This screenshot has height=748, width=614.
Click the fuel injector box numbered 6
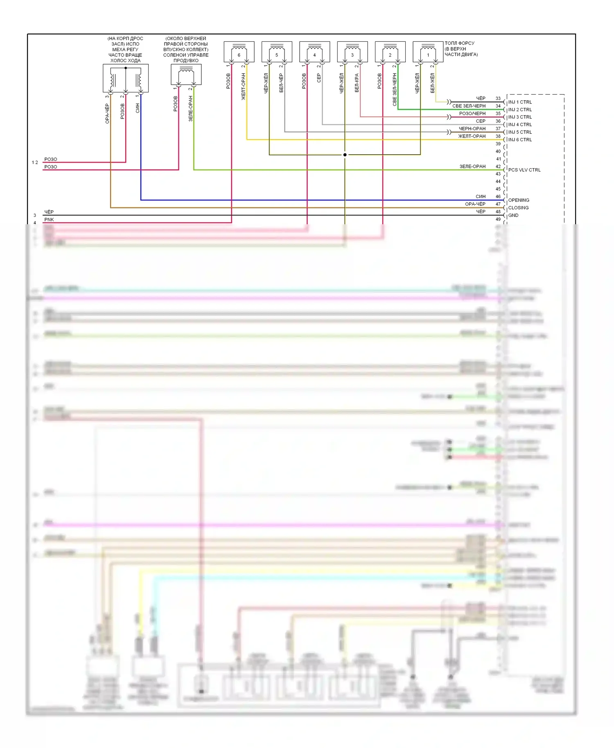coord(239,52)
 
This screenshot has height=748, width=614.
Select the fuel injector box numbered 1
coord(428,52)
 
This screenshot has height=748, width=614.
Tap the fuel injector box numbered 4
coord(314,52)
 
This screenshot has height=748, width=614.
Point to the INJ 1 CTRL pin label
coord(520,102)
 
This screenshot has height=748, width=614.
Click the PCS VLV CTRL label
coord(524,170)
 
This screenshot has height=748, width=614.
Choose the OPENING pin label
coord(519,200)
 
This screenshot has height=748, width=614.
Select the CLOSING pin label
coord(518,208)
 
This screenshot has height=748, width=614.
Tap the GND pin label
coord(513,215)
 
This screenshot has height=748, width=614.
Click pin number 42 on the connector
coord(498,167)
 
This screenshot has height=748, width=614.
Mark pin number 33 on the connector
coord(498,99)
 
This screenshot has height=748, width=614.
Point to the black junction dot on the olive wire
coord(345,155)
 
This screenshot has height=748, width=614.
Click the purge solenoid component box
coord(186,75)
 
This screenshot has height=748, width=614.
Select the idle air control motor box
coord(126,78)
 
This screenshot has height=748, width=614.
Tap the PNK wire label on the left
coord(49,220)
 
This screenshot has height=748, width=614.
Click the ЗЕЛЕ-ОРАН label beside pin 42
coord(472,167)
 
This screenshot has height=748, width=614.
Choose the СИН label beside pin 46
coord(481,197)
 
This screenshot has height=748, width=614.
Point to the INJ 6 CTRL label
coord(520,140)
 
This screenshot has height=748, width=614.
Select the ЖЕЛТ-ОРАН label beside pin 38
coord(472,136)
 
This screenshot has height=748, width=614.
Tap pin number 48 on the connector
coord(498,212)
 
